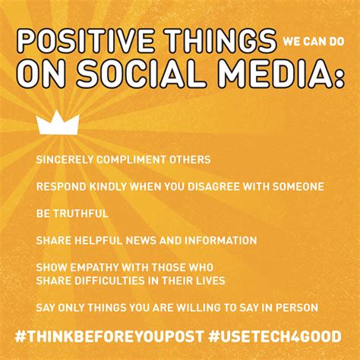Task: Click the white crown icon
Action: (x=58, y=125)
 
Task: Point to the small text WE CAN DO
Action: (x=314, y=42)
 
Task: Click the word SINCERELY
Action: (x=65, y=159)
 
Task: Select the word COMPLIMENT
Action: (x=131, y=159)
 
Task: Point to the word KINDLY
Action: (x=108, y=187)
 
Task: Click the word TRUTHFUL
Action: (x=81, y=213)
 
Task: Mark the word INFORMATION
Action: (x=220, y=240)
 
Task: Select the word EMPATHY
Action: (x=94, y=267)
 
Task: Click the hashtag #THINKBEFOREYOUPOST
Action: (x=109, y=336)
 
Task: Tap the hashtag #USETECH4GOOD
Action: (x=275, y=336)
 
